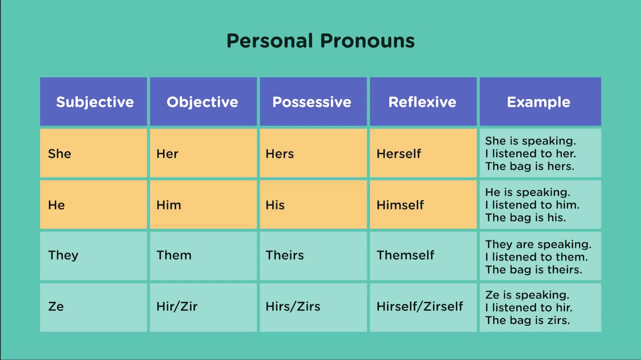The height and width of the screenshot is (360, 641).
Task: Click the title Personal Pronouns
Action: coord(320,41)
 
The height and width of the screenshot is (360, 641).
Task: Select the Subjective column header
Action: coord(94,101)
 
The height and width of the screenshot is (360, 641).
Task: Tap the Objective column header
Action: coord(203,101)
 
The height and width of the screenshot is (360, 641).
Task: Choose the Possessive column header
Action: coord(313,101)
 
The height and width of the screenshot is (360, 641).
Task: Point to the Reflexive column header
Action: coord(423,101)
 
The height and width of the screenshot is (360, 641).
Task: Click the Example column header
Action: coord(540,101)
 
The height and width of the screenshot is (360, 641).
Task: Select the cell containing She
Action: coord(94,153)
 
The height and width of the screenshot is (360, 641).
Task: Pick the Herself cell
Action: coord(423,153)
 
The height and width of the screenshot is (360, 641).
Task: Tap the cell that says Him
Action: coord(203,204)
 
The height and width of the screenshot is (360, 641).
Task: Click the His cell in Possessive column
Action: coord(313,204)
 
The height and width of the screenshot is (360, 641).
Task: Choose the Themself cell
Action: coord(423,256)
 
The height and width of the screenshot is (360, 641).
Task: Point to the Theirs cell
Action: coord(313,256)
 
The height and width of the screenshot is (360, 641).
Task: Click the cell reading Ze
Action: coord(94,307)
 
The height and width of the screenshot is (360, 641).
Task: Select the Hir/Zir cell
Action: coord(203,307)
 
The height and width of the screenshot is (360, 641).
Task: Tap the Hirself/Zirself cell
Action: coord(423,307)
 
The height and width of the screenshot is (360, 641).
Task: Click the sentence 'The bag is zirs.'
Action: coord(528,320)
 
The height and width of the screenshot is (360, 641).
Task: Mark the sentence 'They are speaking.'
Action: coord(538,244)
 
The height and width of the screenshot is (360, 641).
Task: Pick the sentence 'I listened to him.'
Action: coord(532,205)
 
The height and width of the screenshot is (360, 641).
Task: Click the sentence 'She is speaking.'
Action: coord(530,141)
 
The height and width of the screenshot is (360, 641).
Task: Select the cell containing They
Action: coord(94,256)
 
